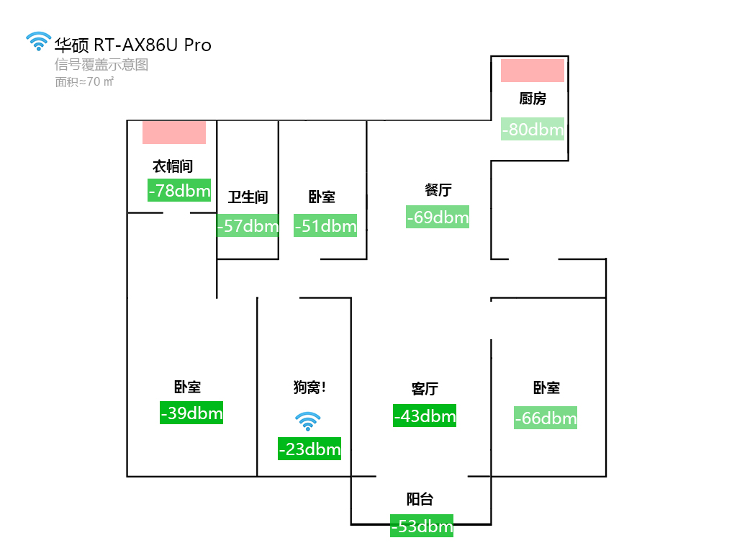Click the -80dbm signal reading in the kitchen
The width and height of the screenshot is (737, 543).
[x=533, y=130]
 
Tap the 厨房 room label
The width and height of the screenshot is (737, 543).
[x=533, y=99]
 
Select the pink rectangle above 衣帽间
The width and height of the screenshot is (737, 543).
[x=174, y=133]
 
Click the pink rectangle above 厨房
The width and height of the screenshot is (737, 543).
[x=533, y=71]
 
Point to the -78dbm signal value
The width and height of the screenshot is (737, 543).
[x=179, y=191]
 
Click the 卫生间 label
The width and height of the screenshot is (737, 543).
[x=248, y=197]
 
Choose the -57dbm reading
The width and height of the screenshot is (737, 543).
[x=248, y=226]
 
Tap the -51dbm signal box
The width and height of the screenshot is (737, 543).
[x=325, y=226]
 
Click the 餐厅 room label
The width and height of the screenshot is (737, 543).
[x=438, y=190]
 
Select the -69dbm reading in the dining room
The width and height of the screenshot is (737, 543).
[x=438, y=217]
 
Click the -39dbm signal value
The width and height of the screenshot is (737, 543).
[x=191, y=413]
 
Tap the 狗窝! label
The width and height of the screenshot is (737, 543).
[x=309, y=387]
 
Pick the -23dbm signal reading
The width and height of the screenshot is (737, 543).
[x=309, y=449]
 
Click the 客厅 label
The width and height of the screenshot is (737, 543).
[x=425, y=389]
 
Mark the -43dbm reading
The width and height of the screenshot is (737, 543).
[x=425, y=416]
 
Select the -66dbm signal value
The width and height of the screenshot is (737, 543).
[x=546, y=418]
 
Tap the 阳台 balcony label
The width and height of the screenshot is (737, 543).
[x=420, y=499]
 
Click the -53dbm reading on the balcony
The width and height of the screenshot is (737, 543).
[x=422, y=526]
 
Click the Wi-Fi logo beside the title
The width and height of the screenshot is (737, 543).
[x=39, y=42]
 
